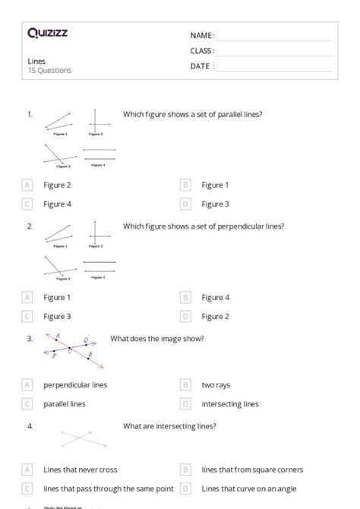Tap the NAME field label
point(201,35)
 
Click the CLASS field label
point(202,51)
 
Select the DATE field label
point(202,66)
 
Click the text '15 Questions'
point(49,71)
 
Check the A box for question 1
point(27,185)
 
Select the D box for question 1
point(185,204)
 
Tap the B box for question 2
point(185,297)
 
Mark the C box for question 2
point(27,316)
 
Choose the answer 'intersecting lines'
point(230,403)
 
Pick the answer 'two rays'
point(216,384)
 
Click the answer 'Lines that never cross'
point(81,469)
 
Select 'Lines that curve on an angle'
point(248,488)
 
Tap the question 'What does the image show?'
point(156,338)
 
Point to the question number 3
point(30,338)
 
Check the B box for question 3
point(185,384)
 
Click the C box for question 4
point(27,488)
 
